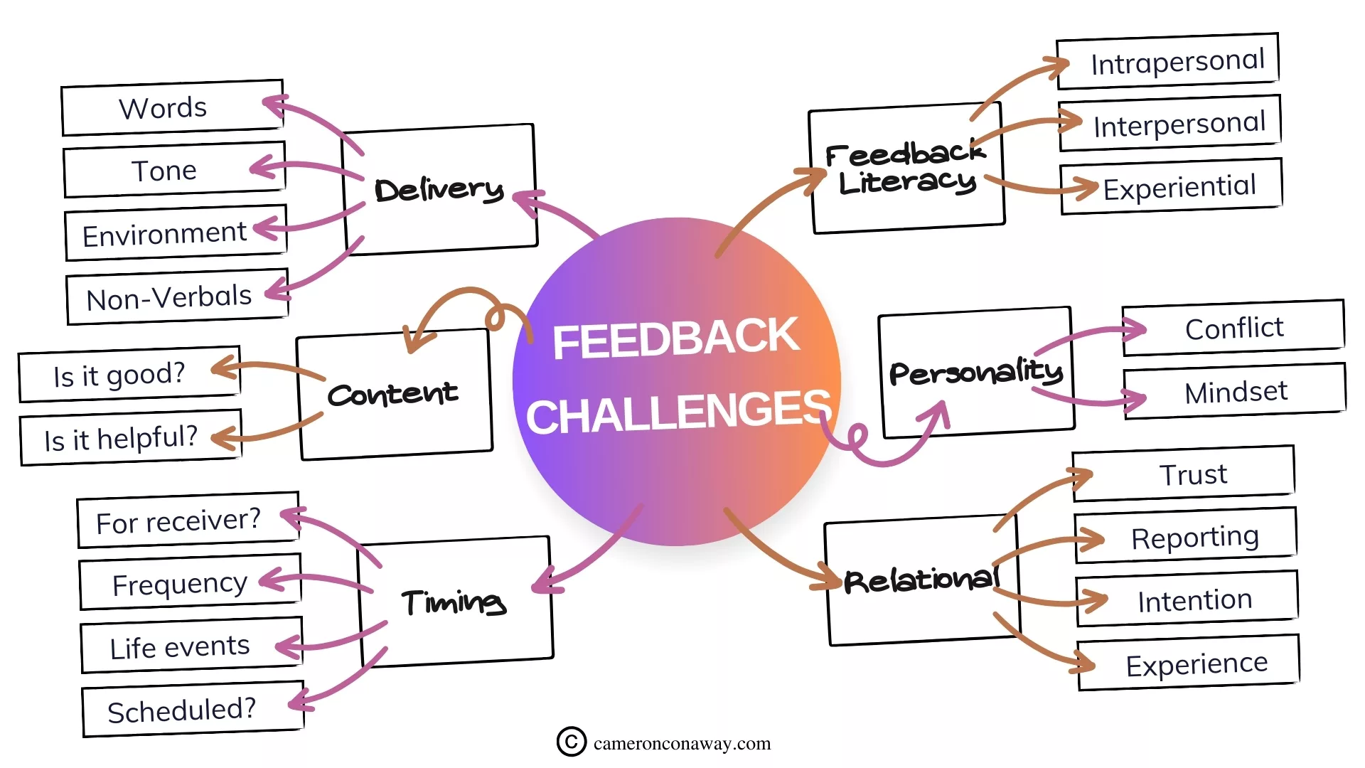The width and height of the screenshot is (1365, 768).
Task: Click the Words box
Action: tap(173, 108)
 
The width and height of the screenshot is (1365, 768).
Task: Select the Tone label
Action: tap(164, 171)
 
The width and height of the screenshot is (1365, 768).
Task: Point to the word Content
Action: tap(392, 394)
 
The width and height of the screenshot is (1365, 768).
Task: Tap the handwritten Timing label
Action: tap(454, 602)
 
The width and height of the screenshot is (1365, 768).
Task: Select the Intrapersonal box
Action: tap(1177, 62)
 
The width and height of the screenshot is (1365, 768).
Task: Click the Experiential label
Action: tap(1179, 187)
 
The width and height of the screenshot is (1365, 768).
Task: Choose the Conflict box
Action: tap(1234, 329)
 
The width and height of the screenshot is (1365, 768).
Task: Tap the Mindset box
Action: tap(1236, 392)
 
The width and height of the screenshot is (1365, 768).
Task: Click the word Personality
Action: tap(975, 372)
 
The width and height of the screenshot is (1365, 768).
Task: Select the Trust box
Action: tap(1193, 474)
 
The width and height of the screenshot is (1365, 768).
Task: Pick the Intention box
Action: tap(1194, 600)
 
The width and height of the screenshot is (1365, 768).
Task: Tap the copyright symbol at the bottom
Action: tap(572, 742)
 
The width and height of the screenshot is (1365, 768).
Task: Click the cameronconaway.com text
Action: tap(682, 744)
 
